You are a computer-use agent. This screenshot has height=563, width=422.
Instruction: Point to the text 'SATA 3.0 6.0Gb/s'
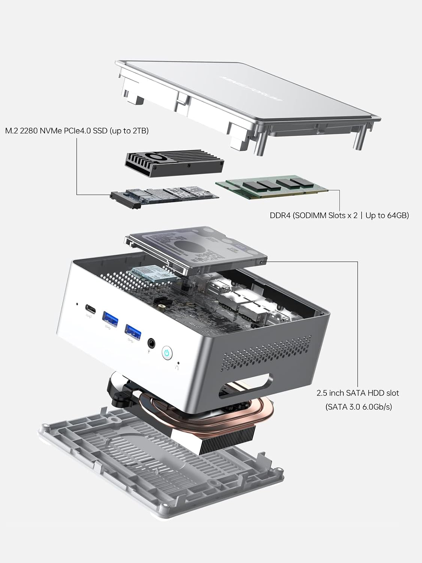(x=358, y=406)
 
